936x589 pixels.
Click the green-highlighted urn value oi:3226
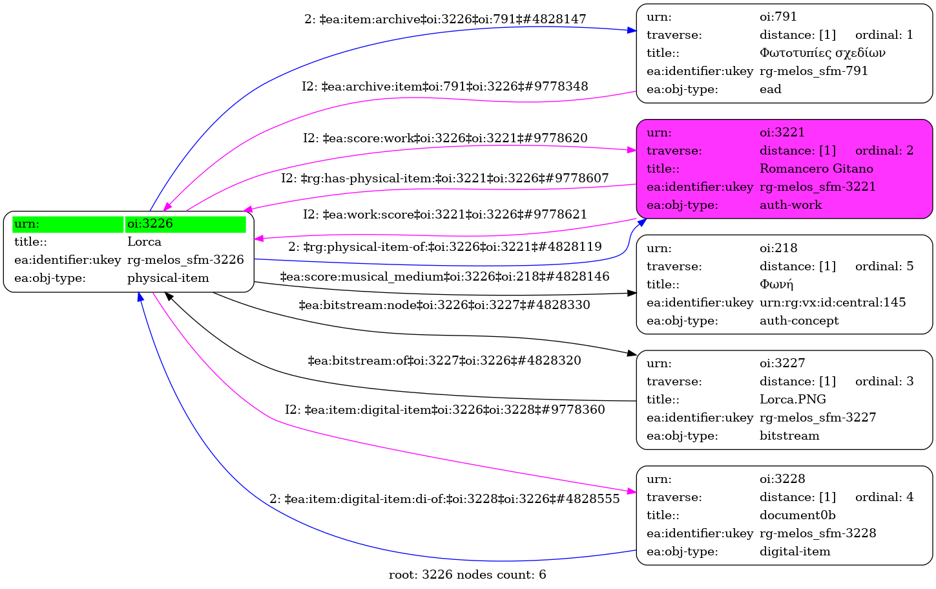150,224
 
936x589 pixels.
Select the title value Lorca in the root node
144,242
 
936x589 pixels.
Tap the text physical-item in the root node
168,278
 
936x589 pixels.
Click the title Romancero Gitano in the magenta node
816,169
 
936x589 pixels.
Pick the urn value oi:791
778,17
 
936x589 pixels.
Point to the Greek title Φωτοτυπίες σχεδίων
822,53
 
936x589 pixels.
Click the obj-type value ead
770,89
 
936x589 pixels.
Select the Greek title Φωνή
776,284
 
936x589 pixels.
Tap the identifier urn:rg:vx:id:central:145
832,303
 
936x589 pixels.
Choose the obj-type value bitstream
789,436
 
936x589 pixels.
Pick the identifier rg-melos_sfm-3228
818,533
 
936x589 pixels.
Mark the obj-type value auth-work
791,205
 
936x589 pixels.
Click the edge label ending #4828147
445,19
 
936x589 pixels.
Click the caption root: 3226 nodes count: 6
467,575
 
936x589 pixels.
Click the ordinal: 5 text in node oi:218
884,266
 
